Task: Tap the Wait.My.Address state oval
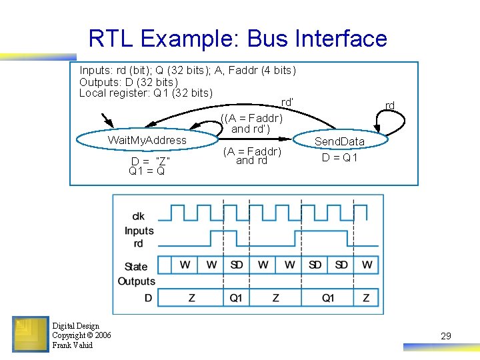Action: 147,140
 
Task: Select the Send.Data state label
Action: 339,141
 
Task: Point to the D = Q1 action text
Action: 339,158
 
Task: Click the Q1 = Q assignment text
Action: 147,171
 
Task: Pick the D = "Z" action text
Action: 150,161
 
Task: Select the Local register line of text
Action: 146,93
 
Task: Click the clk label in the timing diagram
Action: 138,216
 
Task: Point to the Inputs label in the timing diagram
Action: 139,231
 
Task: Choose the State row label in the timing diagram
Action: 136,267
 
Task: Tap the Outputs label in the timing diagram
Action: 136,281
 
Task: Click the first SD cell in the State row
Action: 236,265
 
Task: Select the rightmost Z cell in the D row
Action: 366,297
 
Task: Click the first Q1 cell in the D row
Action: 236,297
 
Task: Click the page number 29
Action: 446,336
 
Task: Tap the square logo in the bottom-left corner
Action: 30,334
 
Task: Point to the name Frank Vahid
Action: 73,345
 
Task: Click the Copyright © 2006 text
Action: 81,335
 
